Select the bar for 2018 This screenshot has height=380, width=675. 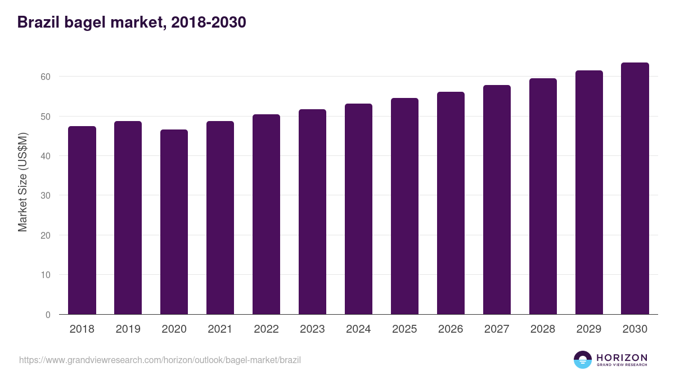tap(82, 220)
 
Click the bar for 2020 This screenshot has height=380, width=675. tap(174, 222)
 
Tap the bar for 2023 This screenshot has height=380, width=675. tap(313, 212)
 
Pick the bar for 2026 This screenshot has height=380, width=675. tap(451, 203)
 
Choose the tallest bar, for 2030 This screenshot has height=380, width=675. tap(635, 189)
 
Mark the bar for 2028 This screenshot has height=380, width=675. tap(543, 196)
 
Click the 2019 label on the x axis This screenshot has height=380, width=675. tap(128, 329)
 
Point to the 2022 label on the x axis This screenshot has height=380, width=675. tap(267, 329)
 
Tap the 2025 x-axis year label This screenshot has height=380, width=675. tap(405, 329)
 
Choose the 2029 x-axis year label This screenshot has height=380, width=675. tap(589, 329)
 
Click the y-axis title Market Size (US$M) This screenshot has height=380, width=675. tap(22, 182)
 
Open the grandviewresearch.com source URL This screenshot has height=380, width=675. tap(160, 360)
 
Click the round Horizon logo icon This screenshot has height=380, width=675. tap(583, 360)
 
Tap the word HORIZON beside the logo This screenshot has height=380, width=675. tap(622, 357)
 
